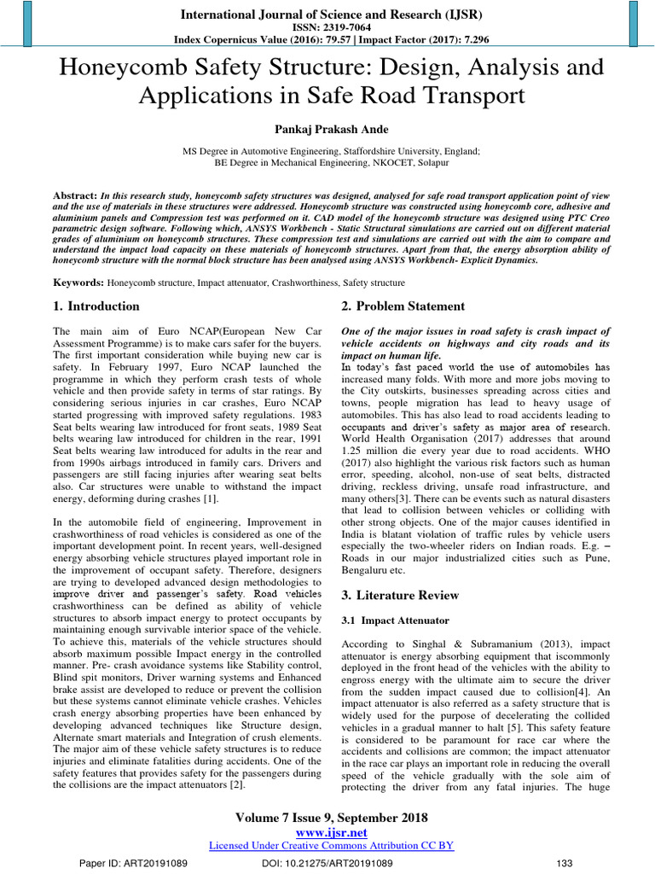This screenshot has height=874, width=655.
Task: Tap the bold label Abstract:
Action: [x=75, y=195]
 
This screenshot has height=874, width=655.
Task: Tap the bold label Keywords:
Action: [x=79, y=282]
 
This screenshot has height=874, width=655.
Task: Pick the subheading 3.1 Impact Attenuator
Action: [x=389, y=621]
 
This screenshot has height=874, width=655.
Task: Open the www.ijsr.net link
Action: [x=331, y=831]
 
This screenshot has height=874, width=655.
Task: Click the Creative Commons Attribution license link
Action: [x=331, y=845]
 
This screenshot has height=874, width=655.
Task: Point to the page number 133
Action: [x=564, y=864]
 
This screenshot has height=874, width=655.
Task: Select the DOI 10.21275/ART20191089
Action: [x=327, y=864]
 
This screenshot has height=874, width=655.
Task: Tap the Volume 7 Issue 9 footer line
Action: [x=331, y=817]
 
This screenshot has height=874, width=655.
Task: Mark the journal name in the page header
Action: [x=331, y=14]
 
